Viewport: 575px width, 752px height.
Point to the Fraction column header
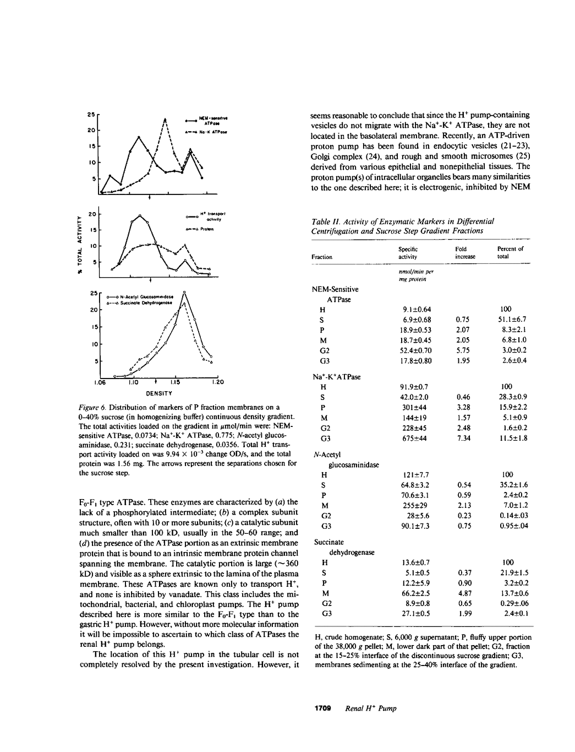click(x=322, y=257)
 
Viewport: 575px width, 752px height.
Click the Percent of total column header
click(x=510, y=252)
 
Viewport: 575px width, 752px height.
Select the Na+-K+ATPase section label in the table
click(x=336, y=377)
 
